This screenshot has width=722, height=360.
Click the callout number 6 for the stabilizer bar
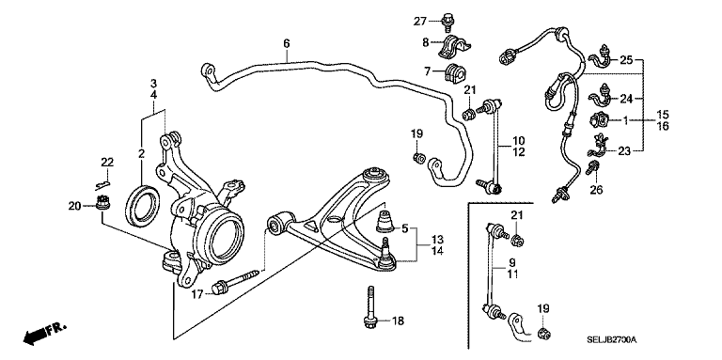tap(287, 42)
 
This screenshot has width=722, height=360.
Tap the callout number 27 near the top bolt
tap(420, 20)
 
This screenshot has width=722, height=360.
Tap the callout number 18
tap(398, 321)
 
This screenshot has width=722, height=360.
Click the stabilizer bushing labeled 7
tap(459, 72)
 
